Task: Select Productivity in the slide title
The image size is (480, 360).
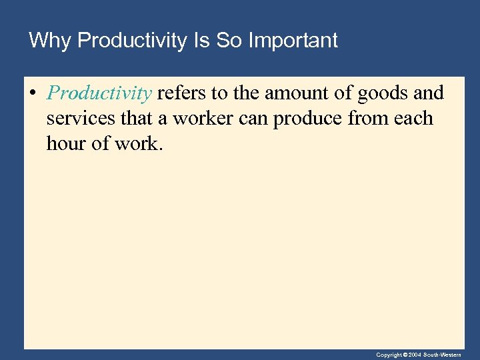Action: click(x=132, y=41)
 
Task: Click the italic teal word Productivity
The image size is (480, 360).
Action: click(x=99, y=93)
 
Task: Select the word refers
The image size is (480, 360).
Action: click(x=181, y=93)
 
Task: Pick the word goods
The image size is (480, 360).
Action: click(x=383, y=93)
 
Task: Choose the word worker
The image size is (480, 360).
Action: click(x=201, y=119)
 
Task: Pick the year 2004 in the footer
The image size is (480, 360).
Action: click(x=415, y=355)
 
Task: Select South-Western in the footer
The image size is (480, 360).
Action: click(x=443, y=355)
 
